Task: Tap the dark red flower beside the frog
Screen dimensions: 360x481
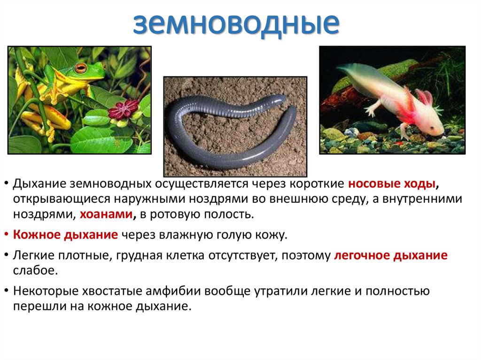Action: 123,109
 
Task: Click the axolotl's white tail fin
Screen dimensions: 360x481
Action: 357,75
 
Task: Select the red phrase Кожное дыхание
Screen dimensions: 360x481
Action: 65,235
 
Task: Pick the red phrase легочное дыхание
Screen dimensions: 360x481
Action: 391,256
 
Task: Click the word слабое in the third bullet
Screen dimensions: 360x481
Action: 35,271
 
